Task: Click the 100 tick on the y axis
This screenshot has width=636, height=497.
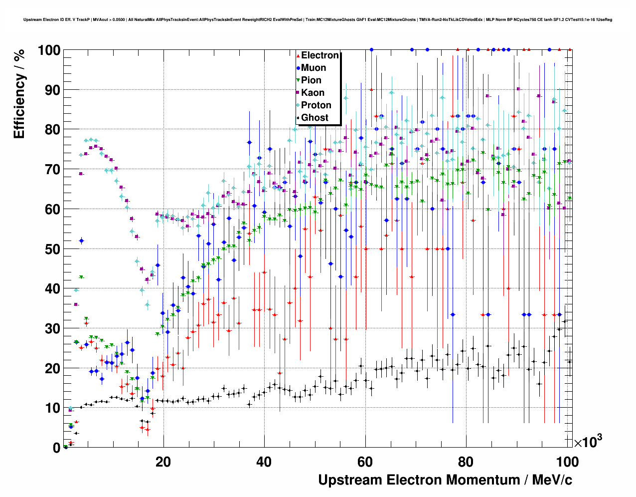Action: (49, 50)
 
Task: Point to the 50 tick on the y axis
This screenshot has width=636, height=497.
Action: (52, 249)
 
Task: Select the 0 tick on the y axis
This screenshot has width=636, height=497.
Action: (56, 448)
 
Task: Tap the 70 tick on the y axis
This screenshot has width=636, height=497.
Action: (52, 170)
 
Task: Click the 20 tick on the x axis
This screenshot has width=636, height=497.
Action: (163, 462)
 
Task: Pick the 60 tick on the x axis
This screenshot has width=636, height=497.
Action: (365, 462)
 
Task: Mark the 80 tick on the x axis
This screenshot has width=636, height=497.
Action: (466, 462)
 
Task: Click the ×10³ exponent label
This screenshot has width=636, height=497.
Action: (588, 442)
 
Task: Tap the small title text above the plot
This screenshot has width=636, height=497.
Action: (318, 20)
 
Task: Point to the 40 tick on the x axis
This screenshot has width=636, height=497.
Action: (264, 462)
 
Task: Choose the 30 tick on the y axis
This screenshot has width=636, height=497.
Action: (52, 328)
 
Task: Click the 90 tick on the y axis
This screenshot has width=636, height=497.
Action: (52, 90)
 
